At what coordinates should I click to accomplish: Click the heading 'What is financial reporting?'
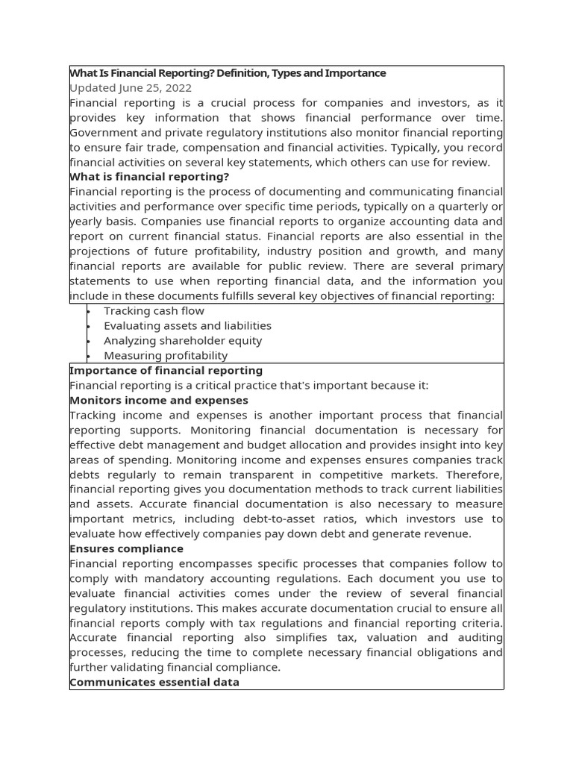(149, 177)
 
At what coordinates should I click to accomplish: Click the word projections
(99, 251)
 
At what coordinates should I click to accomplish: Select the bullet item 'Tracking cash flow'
(154, 311)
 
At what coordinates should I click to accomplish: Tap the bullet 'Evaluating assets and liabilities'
(187, 326)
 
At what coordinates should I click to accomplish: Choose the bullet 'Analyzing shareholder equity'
(183, 341)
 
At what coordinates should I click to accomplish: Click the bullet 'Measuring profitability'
(166, 356)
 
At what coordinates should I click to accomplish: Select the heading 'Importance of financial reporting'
(166, 371)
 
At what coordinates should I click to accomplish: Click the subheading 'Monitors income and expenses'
(158, 401)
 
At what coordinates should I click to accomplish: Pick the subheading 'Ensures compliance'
(126, 549)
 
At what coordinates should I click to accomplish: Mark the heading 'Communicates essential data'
(154, 683)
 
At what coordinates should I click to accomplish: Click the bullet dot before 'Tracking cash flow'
(88, 312)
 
